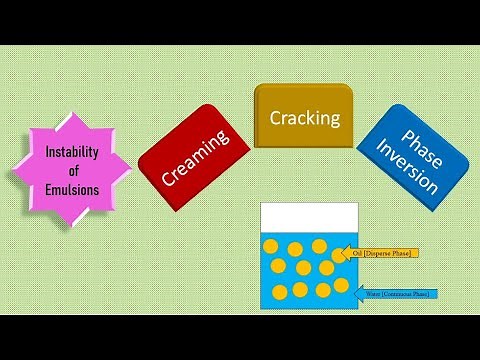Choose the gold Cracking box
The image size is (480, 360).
[305, 117]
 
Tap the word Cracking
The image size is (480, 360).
[305, 118]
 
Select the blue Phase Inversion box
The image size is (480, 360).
[412, 157]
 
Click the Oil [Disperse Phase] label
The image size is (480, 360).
[386, 253]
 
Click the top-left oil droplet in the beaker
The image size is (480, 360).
[271, 247]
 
